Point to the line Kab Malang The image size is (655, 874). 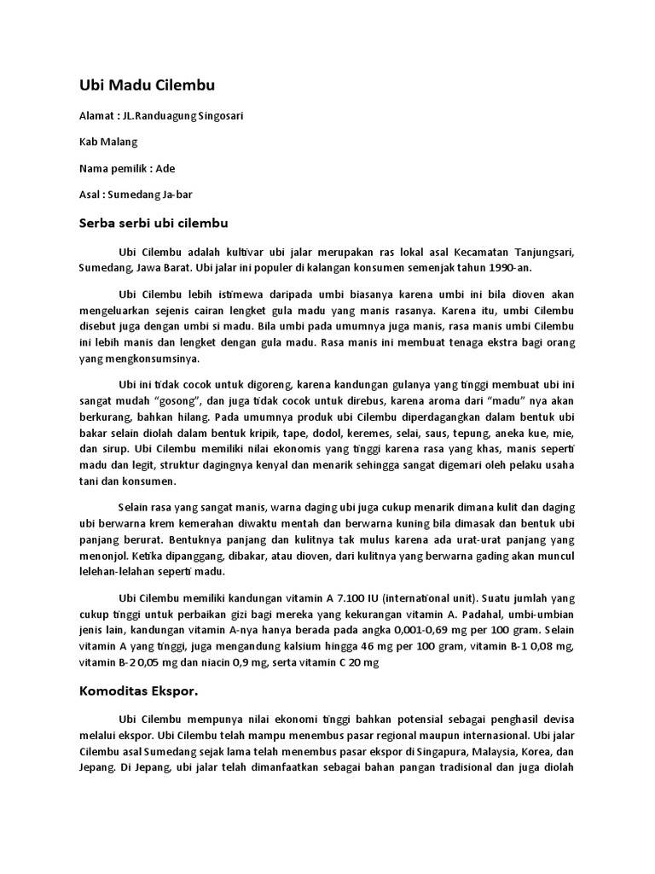pyautogui.click(x=108, y=142)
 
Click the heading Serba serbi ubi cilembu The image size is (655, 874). pyautogui.click(x=154, y=223)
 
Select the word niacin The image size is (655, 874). pyautogui.click(x=226, y=661)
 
